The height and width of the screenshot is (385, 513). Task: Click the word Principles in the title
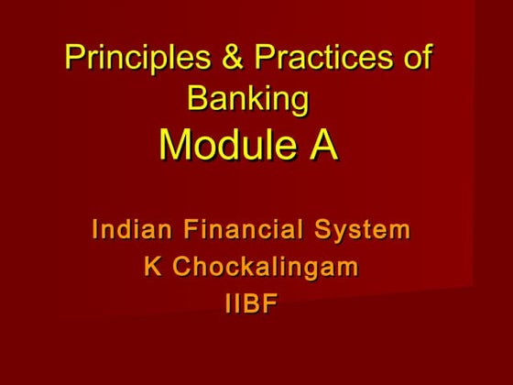pyautogui.click(x=128, y=59)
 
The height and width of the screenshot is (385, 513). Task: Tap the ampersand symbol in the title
pyautogui.click(x=228, y=59)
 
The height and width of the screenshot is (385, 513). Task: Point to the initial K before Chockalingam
pyautogui.click(x=153, y=268)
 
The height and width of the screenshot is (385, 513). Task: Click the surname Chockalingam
pyautogui.click(x=266, y=269)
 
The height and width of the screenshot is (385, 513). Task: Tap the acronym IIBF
pyautogui.click(x=250, y=304)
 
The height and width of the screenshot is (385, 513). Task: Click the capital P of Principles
pyautogui.click(x=73, y=59)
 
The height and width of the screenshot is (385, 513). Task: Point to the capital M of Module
pyautogui.click(x=176, y=144)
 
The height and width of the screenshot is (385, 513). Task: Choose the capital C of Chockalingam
pyautogui.click(x=181, y=268)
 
